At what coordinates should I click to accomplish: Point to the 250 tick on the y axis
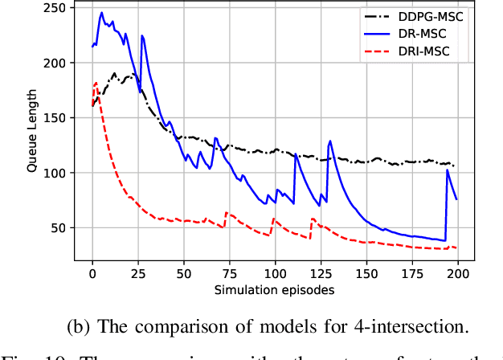[56, 8]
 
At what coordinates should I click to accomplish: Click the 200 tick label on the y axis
[56, 63]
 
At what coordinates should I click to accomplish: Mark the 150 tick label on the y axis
[56, 118]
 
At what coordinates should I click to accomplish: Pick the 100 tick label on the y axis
[56, 173]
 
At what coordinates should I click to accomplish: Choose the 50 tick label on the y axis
[59, 228]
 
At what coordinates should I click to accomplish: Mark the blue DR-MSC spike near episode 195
[448, 170]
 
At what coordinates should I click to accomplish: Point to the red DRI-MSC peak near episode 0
[96, 83]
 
